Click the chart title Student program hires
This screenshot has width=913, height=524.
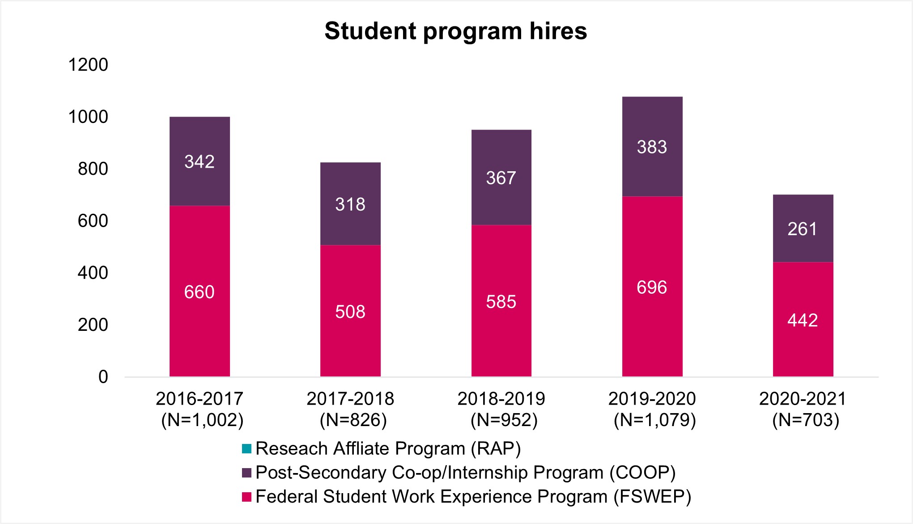[456, 31]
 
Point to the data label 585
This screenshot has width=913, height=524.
[501, 302]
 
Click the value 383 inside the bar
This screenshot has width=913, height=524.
[652, 147]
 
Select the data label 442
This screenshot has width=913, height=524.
[803, 321]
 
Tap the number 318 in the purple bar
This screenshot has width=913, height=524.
[350, 205]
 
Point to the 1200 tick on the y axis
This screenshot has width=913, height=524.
[88, 65]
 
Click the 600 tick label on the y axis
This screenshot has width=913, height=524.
[93, 221]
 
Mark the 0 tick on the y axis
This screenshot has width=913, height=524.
[103, 377]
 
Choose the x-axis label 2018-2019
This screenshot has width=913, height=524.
[501, 399]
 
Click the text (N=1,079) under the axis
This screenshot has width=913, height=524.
[655, 420]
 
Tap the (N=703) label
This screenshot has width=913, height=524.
[806, 420]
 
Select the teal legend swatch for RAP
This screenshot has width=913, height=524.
[246, 448]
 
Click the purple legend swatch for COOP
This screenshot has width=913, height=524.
[246, 473]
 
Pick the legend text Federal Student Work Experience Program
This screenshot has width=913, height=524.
[473, 497]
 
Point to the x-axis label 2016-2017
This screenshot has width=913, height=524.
[200, 399]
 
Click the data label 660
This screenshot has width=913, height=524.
[200, 292]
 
